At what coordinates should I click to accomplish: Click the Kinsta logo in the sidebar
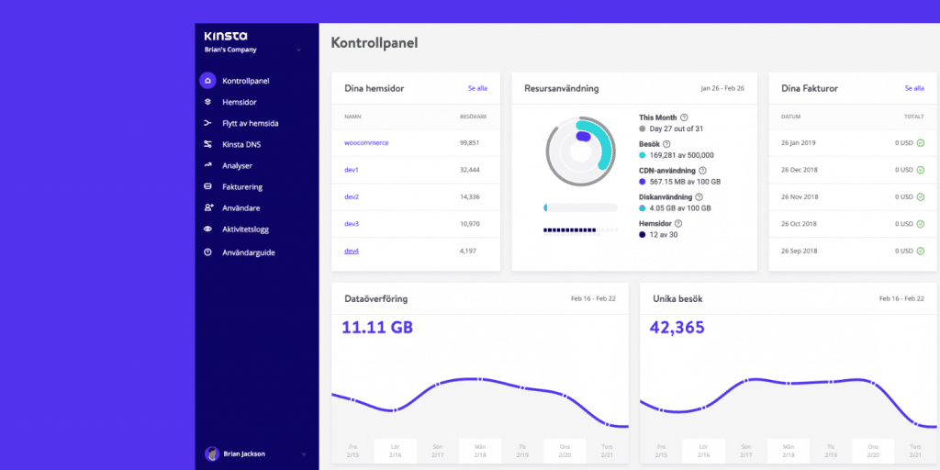225,36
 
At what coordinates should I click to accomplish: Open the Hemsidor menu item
239,102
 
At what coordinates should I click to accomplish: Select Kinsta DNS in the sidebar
242,144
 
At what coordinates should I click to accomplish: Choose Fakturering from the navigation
242,186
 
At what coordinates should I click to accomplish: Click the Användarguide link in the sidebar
248,252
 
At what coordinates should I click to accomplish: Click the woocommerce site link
366,142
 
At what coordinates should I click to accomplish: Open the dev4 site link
352,251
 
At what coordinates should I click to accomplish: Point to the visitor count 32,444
470,170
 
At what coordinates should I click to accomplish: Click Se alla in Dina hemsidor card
477,88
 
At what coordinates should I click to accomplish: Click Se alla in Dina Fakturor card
914,88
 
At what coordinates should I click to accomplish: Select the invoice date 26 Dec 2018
800,170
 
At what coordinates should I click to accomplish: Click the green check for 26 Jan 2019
920,143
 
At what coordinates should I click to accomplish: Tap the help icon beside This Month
684,117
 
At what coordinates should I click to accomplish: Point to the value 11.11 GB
377,327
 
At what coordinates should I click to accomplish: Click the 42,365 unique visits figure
677,327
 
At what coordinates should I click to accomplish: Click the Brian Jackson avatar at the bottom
212,453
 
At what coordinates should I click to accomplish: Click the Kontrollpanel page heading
374,43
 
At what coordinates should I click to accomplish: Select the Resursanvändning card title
562,88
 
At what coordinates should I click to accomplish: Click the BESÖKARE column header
472,117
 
